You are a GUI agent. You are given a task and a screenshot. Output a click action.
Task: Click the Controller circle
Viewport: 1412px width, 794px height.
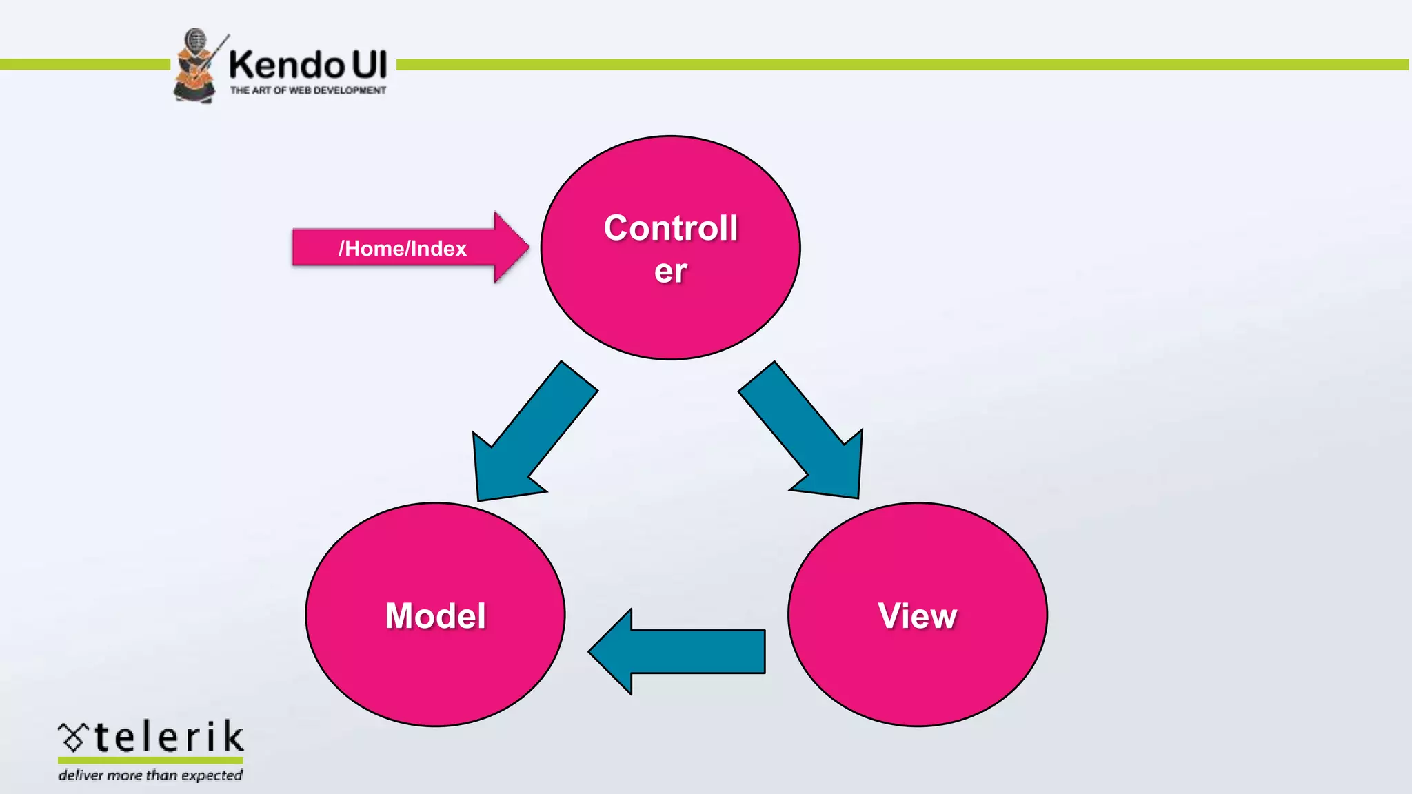coord(670,310)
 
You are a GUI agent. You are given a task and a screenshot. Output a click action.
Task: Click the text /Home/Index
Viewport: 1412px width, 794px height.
coord(403,248)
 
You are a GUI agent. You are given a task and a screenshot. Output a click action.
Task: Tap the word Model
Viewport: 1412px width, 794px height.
coord(435,615)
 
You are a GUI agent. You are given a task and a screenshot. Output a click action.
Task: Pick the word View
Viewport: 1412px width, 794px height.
coord(917,615)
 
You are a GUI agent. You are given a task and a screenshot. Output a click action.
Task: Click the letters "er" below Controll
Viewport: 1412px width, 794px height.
coord(670,271)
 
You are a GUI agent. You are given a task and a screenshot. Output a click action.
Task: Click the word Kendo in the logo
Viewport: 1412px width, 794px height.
coord(286,65)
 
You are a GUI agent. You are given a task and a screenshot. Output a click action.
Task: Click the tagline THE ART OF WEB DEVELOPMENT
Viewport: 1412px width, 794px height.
coord(307,90)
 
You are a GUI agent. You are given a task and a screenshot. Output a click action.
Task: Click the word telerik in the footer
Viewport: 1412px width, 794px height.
coord(168,737)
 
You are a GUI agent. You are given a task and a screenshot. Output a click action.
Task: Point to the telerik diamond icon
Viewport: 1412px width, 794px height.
coord(72,737)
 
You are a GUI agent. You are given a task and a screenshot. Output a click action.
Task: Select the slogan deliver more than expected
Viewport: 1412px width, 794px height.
coord(150,775)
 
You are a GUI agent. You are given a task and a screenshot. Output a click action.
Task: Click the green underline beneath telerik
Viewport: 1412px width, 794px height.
coord(150,760)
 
